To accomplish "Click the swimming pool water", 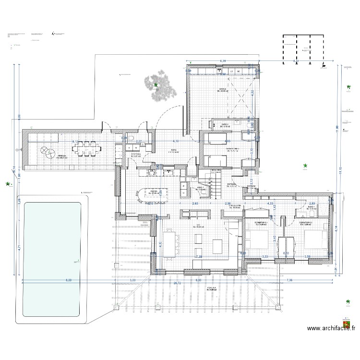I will point(53,259).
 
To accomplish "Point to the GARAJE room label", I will point(222,90).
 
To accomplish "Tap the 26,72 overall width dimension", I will point(177,283).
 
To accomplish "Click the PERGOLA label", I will point(212,289).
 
